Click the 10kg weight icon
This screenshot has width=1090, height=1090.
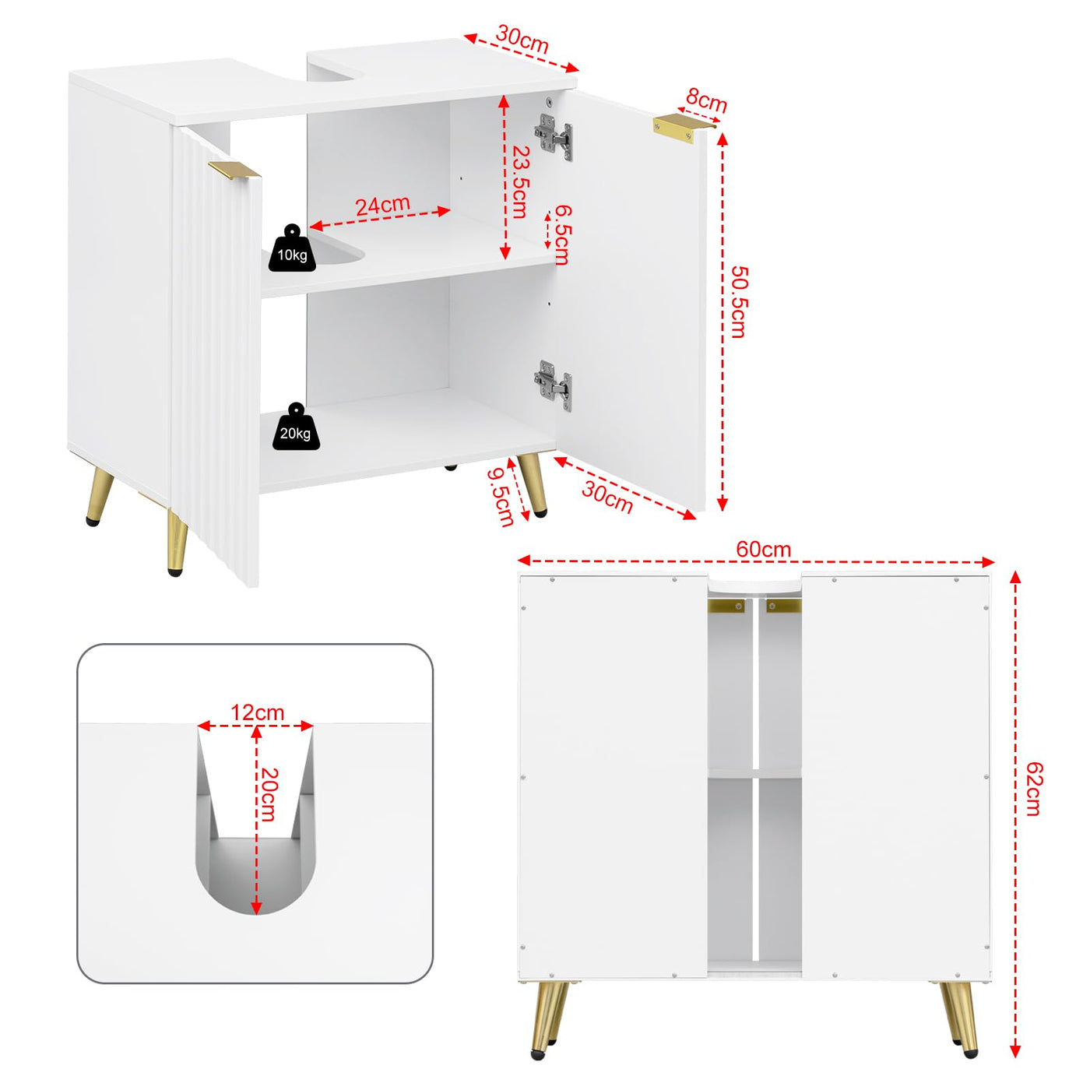pyautogui.click(x=292, y=250)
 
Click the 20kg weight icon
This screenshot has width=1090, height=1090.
pyautogui.click(x=295, y=427)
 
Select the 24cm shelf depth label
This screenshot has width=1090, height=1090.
pyautogui.click(x=382, y=206)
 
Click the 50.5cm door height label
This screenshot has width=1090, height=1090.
pyautogui.click(x=739, y=302)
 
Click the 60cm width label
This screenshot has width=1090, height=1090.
pyautogui.click(x=763, y=549)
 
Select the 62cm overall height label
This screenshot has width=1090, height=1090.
pyautogui.click(x=1033, y=788)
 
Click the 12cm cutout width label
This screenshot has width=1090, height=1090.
pyautogui.click(x=257, y=712)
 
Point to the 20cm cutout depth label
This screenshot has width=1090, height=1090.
pyautogui.click(x=269, y=794)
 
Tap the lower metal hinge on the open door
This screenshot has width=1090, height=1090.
pyautogui.click(x=554, y=385)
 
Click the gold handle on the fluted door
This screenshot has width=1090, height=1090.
pyautogui.click(x=234, y=171)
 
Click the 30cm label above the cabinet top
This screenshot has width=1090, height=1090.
pyautogui.click(x=522, y=39)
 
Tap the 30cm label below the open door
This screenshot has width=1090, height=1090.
pyautogui.click(x=607, y=497)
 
